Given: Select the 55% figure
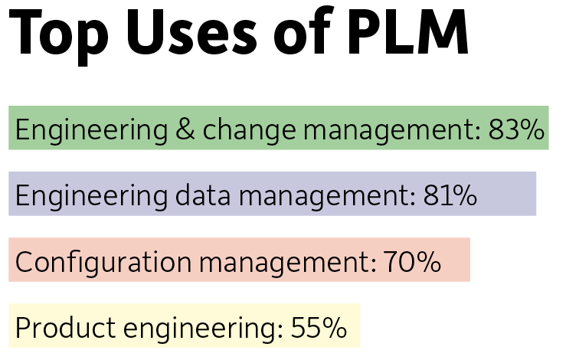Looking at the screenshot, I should click(x=319, y=329).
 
